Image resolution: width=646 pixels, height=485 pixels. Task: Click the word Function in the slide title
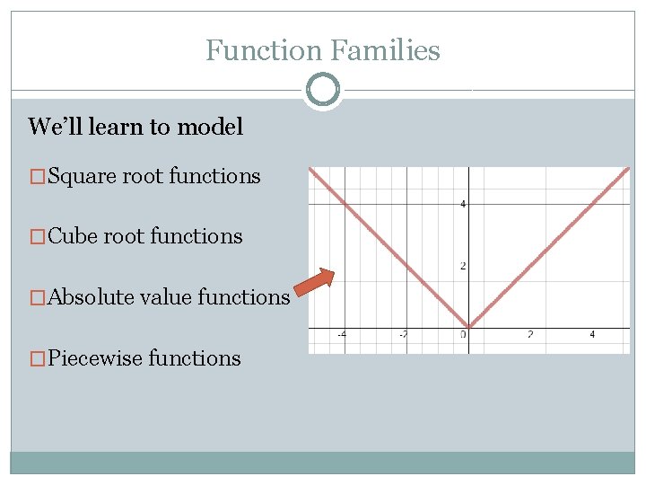coord(261,50)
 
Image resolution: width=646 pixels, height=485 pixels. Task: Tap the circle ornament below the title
coord(322,91)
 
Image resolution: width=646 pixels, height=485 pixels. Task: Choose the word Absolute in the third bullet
coord(90,296)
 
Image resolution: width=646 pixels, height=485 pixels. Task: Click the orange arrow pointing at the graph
coord(315,282)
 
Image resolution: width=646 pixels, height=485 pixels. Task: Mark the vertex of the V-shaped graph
coord(467,327)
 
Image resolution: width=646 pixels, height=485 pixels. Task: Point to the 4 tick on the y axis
coord(463,205)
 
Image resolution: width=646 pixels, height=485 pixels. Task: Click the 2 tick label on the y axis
coord(463,266)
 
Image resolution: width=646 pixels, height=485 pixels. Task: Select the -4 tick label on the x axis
coord(342,335)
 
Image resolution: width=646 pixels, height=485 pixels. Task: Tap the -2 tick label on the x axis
coord(404,335)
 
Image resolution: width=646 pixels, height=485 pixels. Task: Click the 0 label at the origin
coord(464,335)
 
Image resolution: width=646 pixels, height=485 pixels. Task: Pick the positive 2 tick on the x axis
coord(529,335)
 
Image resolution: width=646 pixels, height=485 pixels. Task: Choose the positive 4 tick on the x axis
coord(592,335)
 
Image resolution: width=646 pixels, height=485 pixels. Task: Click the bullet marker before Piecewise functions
coord(36,358)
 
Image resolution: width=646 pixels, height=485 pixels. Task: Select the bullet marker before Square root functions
coord(36,176)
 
